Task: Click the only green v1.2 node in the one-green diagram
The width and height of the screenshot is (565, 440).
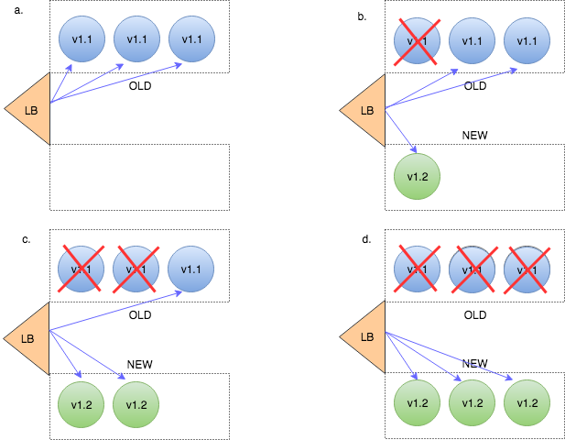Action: coord(417,177)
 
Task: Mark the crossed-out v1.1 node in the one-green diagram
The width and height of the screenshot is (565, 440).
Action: coord(417,41)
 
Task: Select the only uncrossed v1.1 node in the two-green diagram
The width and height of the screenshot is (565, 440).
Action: coord(191,269)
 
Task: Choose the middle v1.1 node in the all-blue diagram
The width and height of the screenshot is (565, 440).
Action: coord(136,39)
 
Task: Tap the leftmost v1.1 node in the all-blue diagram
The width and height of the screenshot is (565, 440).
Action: coord(81,39)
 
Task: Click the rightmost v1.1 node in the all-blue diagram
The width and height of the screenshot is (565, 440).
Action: coord(191,39)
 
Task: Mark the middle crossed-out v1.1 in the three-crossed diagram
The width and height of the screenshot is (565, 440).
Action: coord(472,269)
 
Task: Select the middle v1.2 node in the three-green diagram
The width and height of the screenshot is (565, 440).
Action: coord(472,403)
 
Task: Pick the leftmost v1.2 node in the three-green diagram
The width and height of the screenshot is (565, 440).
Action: coord(417,403)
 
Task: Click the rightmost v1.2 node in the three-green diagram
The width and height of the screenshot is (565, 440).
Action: coord(527,403)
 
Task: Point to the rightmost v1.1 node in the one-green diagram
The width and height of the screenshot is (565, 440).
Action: coord(527,41)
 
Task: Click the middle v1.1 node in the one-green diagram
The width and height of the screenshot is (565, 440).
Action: coord(472,41)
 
